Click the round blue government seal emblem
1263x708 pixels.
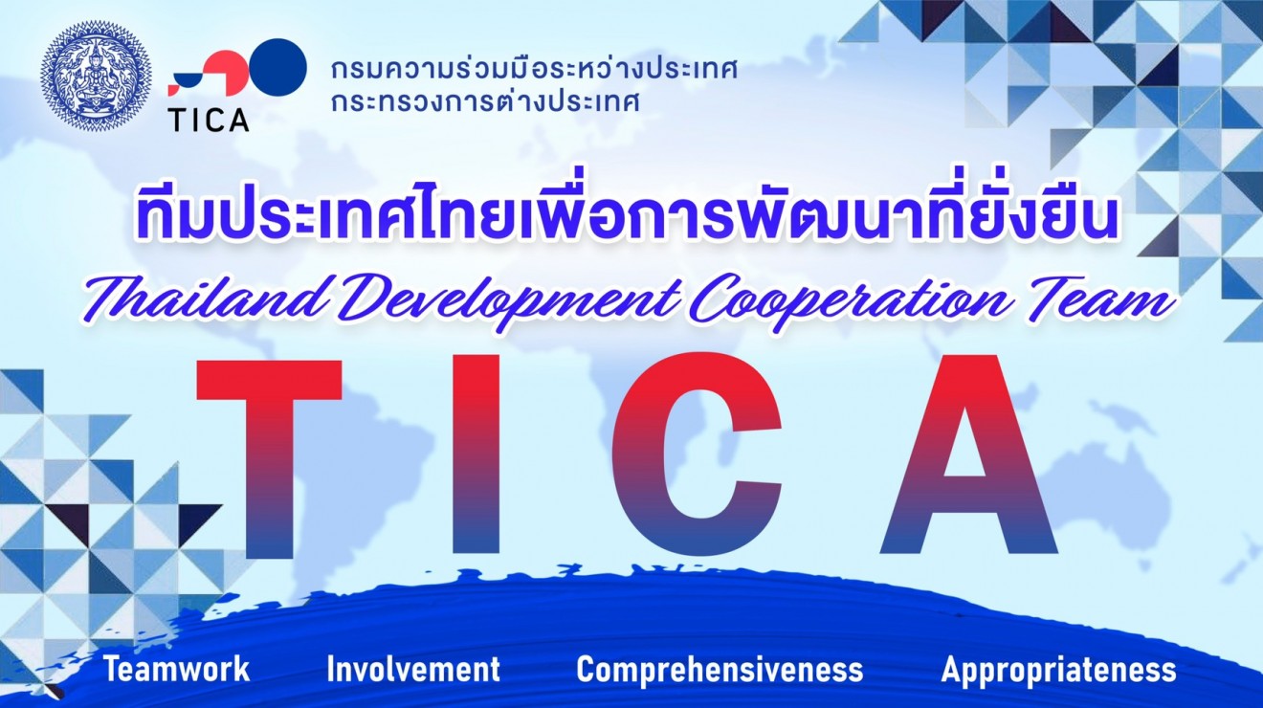click(x=96, y=77)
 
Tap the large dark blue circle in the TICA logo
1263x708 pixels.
click(x=278, y=67)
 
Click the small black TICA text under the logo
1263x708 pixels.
click(x=208, y=120)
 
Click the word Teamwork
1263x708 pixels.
click(x=176, y=670)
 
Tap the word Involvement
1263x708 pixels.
click(x=413, y=670)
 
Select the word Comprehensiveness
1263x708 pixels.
click(x=720, y=670)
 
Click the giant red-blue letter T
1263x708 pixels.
click(x=269, y=456)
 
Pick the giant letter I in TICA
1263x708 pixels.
click(x=476, y=456)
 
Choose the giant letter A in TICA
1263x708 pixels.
click(x=968, y=456)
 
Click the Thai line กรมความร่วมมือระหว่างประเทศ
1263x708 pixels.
click(x=534, y=70)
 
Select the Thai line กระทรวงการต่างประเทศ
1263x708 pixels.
click(x=485, y=102)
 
